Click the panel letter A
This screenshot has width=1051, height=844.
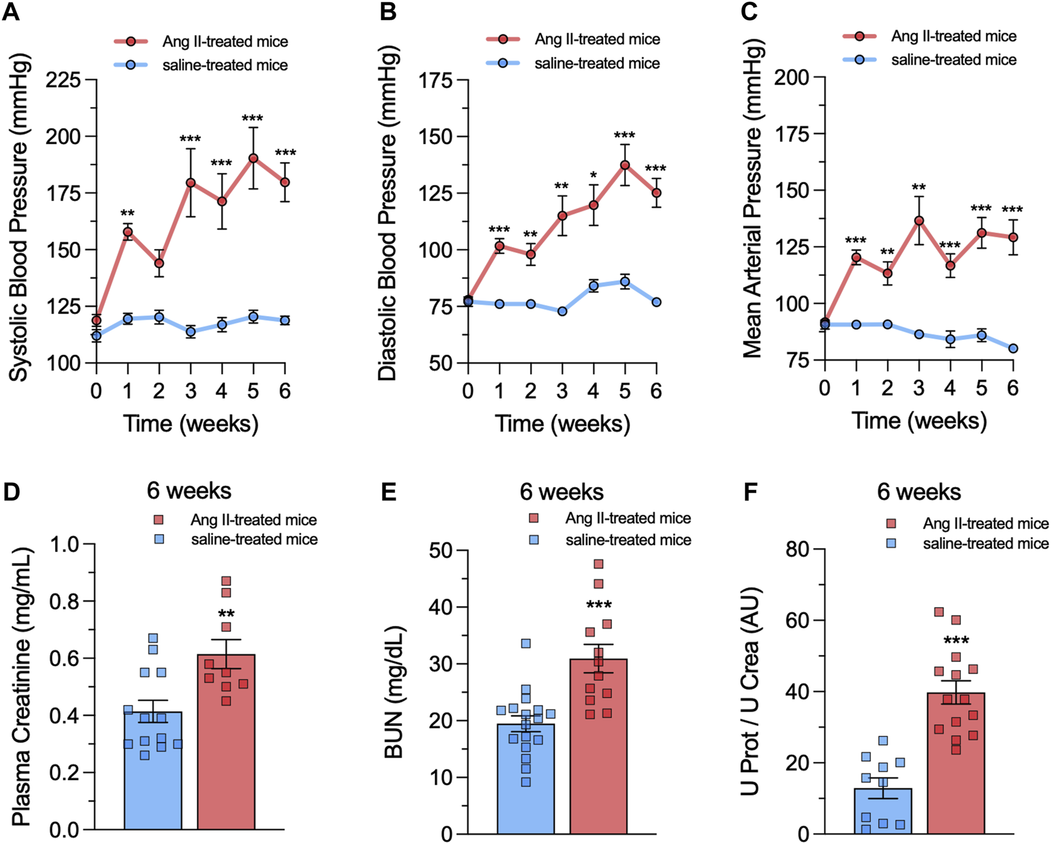click(11, 12)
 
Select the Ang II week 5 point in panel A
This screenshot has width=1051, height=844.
click(253, 158)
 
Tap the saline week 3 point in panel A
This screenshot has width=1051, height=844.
click(191, 332)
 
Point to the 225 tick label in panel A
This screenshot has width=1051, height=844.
click(63, 80)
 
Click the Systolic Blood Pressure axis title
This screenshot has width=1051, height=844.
click(19, 219)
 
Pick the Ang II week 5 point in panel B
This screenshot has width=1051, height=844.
click(625, 165)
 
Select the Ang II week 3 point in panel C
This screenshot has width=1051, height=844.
click(919, 221)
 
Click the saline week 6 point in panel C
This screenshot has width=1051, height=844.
click(1013, 349)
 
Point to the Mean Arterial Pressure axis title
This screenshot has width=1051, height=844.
click(753, 199)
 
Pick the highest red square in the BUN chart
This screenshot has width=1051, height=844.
click(599, 564)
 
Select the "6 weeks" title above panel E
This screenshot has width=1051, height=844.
click(562, 492)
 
